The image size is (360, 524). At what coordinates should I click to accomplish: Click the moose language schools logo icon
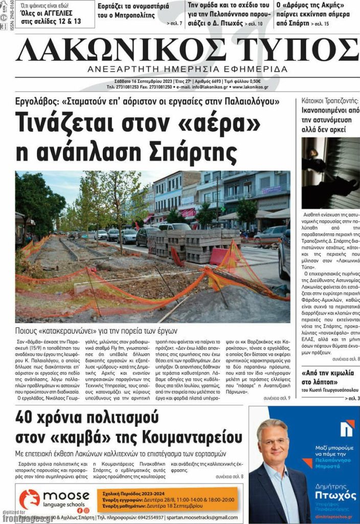click(x=29, y=499)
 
